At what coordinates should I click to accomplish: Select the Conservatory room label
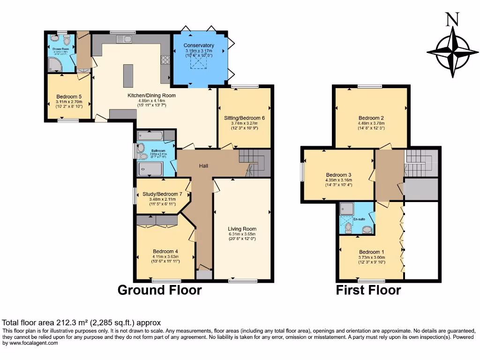(x=199, y=45)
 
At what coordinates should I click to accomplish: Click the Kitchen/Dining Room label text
(x=152, y=95)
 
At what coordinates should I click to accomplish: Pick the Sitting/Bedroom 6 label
(x=245, y=118)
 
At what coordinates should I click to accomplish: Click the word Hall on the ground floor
(x=203, y=166)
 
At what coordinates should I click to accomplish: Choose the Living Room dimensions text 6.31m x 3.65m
(x=242, y=234)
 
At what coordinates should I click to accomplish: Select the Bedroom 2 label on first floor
(x=371, y=118)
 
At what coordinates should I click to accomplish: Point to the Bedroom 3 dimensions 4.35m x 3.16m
(x=338, y=180)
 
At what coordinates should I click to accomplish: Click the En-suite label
(x=359, y=219)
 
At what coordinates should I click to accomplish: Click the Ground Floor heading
(x=159, y=290)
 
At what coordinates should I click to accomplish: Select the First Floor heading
(x=368, y=290)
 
